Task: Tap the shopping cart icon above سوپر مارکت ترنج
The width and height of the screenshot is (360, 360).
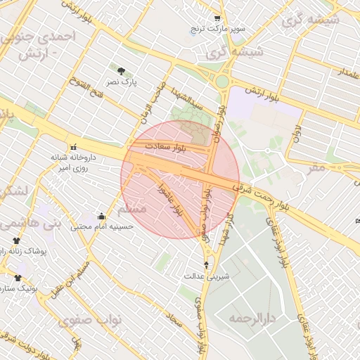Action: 217,18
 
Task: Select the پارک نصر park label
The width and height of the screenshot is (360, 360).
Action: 124,82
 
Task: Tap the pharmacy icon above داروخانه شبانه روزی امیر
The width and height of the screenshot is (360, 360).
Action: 73,147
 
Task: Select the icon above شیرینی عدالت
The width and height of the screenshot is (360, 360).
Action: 206,265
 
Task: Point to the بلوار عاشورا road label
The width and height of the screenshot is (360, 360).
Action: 171,198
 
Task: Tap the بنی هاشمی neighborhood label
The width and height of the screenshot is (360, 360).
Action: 32,224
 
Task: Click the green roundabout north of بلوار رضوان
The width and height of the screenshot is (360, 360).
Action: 222,82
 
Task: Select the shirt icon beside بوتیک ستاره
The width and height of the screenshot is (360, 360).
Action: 17,278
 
